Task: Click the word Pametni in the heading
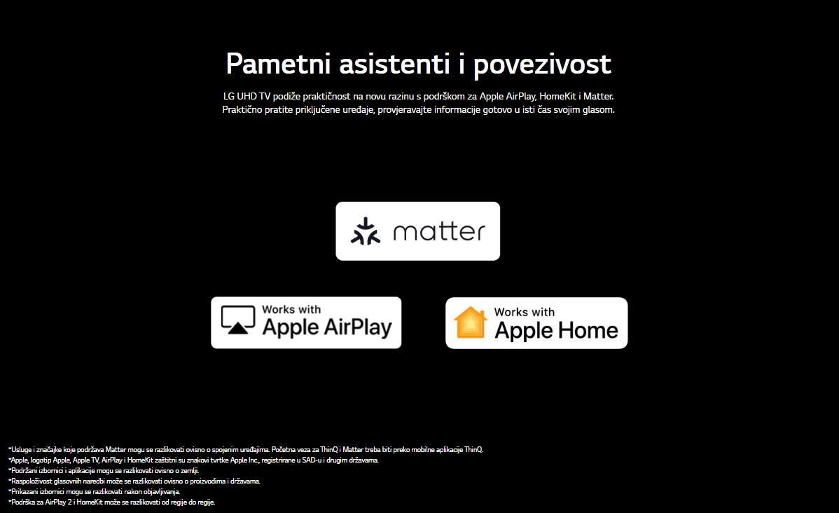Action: [277, 64]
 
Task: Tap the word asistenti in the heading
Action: [394, 64]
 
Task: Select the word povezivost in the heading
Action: [542, 65]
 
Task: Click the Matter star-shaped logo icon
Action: [366, 231]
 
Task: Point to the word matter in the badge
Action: [439, 231]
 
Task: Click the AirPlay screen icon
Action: [238, 320]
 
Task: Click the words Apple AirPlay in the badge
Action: [327, 327]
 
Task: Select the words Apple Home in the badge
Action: [556, 330]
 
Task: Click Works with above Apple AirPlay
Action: [291, 310]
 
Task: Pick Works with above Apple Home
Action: [525, 312]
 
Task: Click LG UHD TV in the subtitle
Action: [247, 97]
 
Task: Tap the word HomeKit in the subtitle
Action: [557, 97]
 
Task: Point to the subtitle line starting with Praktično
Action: [418, 110]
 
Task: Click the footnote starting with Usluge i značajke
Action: [246, 450]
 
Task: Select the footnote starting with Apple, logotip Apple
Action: [193, 460]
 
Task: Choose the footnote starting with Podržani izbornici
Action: [104, 471]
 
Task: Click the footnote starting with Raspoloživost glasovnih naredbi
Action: [134, 481]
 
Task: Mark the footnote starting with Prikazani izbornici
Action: [94, 491]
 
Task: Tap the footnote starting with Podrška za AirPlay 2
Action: [112, 502]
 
